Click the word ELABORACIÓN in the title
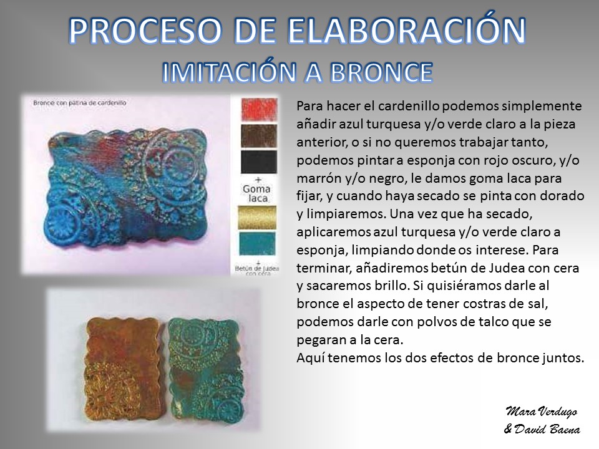[x=406, y=31]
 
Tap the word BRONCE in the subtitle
[x=381, y=72]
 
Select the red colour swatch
[x=259, y=109]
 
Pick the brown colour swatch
[x=259, y=135]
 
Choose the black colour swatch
[x=259, y=162]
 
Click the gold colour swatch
[x=256, y=217]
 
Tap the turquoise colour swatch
[x=256, y=244]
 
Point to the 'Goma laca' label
[x=256, y=193]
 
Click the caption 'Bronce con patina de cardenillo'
[x=79, y=103]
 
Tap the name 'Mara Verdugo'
[x=542, y=412]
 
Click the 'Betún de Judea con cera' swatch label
[x=256, y=268]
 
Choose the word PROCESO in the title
[x=145, y=31]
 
